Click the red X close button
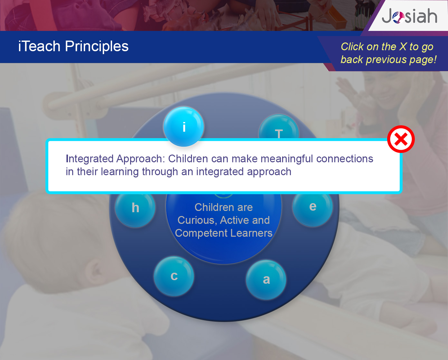pos(401,139)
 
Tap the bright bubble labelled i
pos(183,127)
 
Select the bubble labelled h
pos(135,207)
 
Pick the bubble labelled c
pos(174,276)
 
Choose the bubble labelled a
pos(266,279)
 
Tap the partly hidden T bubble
pos(279,127)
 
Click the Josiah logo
pos(409,16)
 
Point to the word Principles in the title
pos(97,46)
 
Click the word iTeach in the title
pos(39,46)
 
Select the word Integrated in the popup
pos(90,159)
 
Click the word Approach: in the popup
pos(141,159)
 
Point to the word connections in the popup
pos(345,159)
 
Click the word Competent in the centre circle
pos(201,233)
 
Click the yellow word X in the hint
pos(403,47)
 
